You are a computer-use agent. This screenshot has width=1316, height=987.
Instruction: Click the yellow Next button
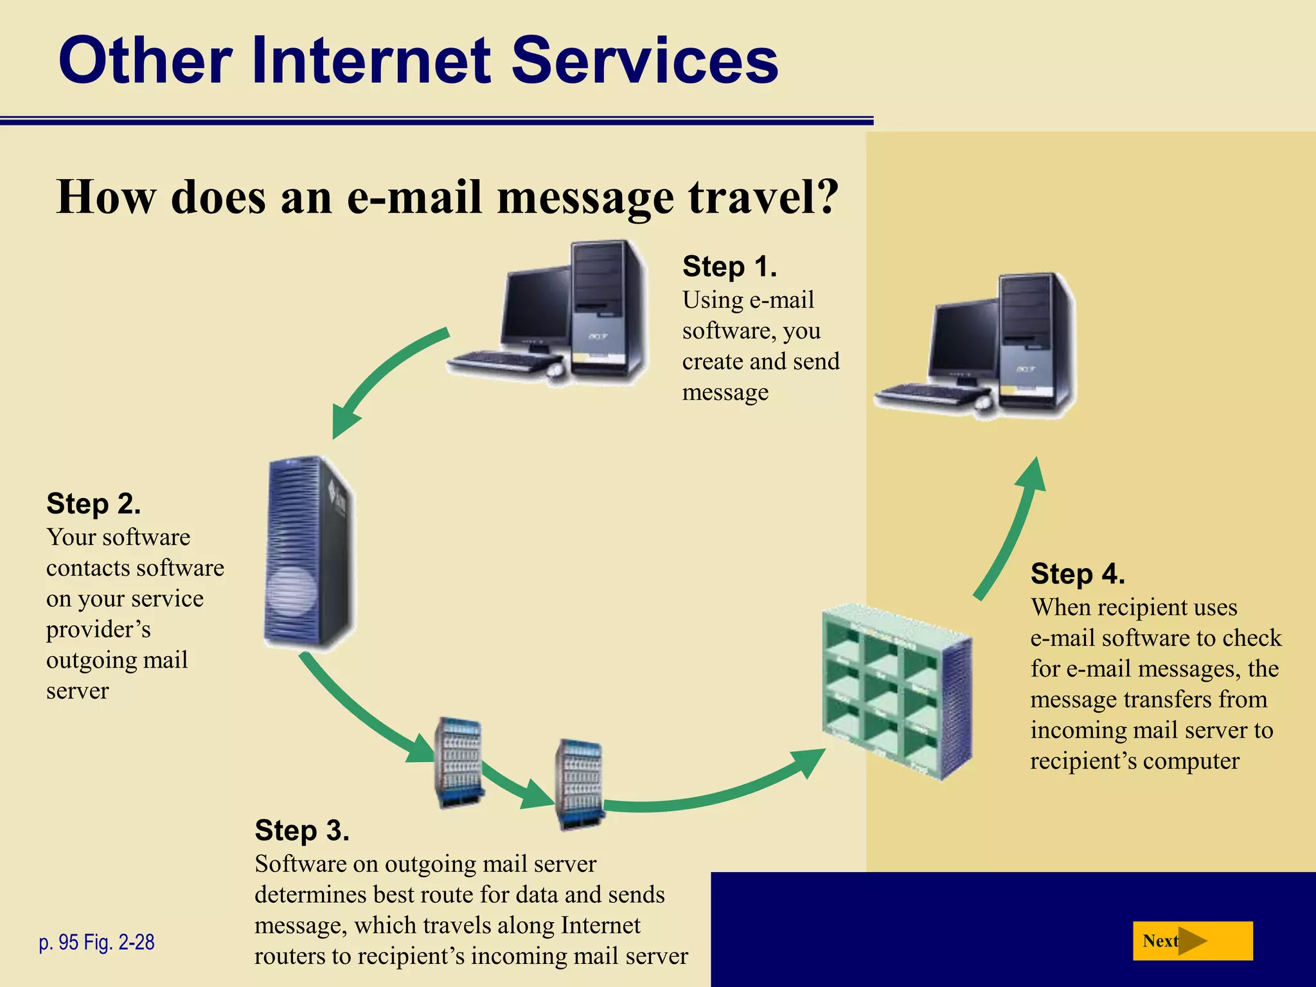[x=1192, y=941]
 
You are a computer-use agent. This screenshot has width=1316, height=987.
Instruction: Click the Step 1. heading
[x=729, y=267]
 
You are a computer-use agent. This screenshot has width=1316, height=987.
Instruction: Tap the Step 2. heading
[x=93, y=504]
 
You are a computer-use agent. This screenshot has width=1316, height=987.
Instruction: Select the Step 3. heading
[x=302, y=830]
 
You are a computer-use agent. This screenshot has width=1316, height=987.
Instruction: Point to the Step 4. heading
[x=1078, y=574]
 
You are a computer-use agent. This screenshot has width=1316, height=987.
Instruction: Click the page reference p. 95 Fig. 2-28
[x=96, y=942]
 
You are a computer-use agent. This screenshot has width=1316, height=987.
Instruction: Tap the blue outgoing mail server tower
[x=308, y=553]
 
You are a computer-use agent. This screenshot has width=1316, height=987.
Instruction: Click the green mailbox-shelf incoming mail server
[x=896, y=691]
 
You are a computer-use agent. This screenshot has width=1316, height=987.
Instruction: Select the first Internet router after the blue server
[x=459, y=762]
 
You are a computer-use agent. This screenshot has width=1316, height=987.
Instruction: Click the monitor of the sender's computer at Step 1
[x=535, y=308]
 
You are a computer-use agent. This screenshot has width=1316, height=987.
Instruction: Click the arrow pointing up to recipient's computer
[x=1012, y=527]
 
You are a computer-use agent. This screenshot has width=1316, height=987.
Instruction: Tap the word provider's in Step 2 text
[x=98, y=629]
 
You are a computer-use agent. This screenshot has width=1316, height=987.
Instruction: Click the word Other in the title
[x=145, y=60]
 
